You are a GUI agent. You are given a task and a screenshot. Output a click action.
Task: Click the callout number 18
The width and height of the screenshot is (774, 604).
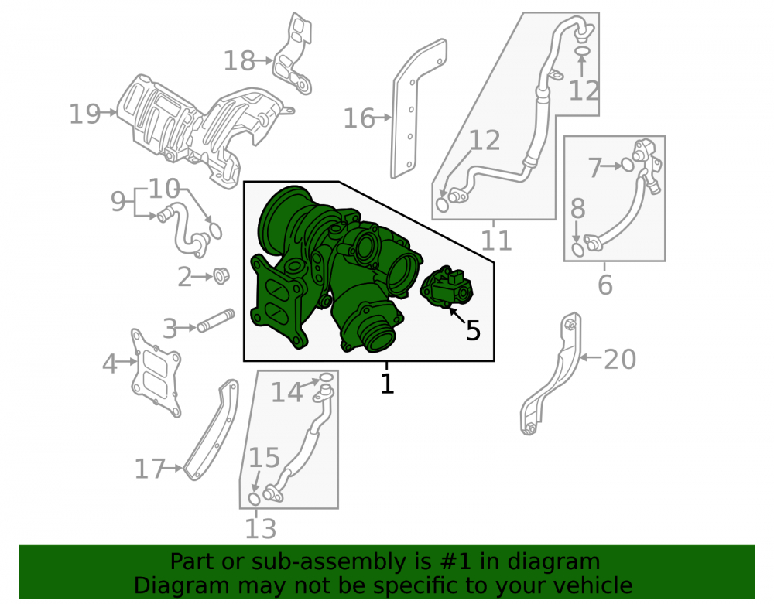(239, 61)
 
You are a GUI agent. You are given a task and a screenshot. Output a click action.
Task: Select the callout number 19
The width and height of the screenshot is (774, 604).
(84, 114)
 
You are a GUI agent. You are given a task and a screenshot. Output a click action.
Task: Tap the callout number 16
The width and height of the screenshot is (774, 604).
(358, 119)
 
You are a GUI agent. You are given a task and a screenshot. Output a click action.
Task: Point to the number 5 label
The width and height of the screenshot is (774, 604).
(473, 330)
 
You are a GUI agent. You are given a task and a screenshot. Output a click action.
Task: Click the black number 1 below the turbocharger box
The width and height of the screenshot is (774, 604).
(388, 384)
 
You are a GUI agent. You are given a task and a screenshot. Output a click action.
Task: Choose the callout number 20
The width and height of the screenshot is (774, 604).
(620, 360)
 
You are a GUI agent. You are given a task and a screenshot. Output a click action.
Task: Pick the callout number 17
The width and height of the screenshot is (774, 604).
(149, 469)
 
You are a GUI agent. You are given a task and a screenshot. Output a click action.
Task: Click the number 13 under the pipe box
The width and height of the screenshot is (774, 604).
(261, 530)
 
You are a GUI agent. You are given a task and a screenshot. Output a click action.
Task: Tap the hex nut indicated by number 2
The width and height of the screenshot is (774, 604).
(221, 276)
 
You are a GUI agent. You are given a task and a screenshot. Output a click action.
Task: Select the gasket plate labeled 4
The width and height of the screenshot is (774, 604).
(156, 373)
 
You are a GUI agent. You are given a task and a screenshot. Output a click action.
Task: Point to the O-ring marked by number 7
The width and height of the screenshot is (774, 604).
(628, 165)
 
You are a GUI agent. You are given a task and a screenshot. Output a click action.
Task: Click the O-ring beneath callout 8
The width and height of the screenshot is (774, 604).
(578, 250)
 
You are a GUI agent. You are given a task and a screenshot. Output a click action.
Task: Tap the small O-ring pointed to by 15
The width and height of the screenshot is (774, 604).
(254, 499)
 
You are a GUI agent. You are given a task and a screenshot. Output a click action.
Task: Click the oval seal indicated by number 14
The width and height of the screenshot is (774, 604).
(327, 378)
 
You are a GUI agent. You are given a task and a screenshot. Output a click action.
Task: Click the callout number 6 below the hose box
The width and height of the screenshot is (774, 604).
(605, 285)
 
